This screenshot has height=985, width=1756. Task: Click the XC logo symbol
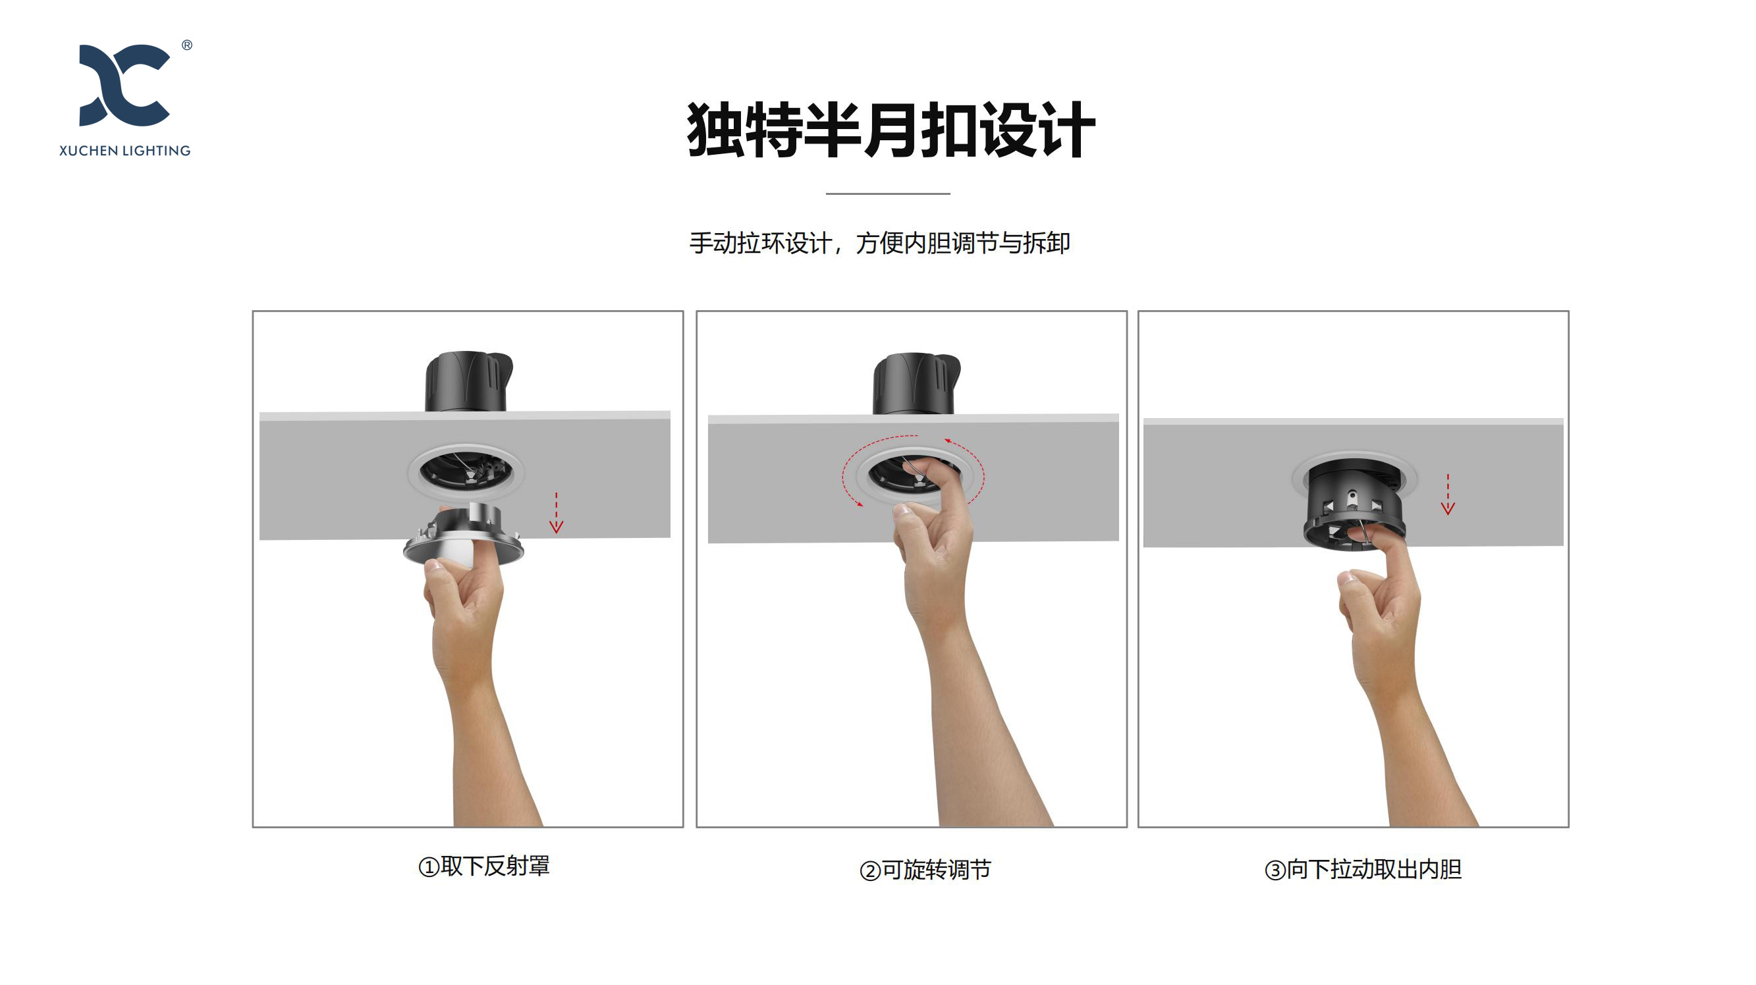click(124, 85)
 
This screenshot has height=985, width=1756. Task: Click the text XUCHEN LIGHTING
click(124, 151)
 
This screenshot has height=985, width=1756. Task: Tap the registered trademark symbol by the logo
click(187, 45)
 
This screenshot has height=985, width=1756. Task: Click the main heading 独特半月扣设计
click(891, 130)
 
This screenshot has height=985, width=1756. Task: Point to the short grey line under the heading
click(887, 194)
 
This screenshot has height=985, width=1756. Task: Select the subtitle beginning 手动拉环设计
click(879, 243)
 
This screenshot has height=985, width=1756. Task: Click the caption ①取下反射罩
click(484, 866)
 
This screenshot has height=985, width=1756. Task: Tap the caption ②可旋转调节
click(925, 870)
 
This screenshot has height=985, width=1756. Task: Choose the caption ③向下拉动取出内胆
click(1363, 870)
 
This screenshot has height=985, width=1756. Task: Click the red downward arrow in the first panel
click(557, 513)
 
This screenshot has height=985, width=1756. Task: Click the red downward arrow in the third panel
click(1448, 494)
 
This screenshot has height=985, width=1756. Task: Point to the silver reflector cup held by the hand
click(464, 536)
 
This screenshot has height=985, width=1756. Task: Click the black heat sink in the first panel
click(468, 382)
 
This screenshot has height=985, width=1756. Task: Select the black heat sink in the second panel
click(916, 384)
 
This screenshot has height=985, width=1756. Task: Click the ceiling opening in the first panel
click(466, 471)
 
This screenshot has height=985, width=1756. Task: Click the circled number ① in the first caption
click(429, 868)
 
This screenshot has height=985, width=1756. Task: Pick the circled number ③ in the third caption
click(1275, 870)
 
